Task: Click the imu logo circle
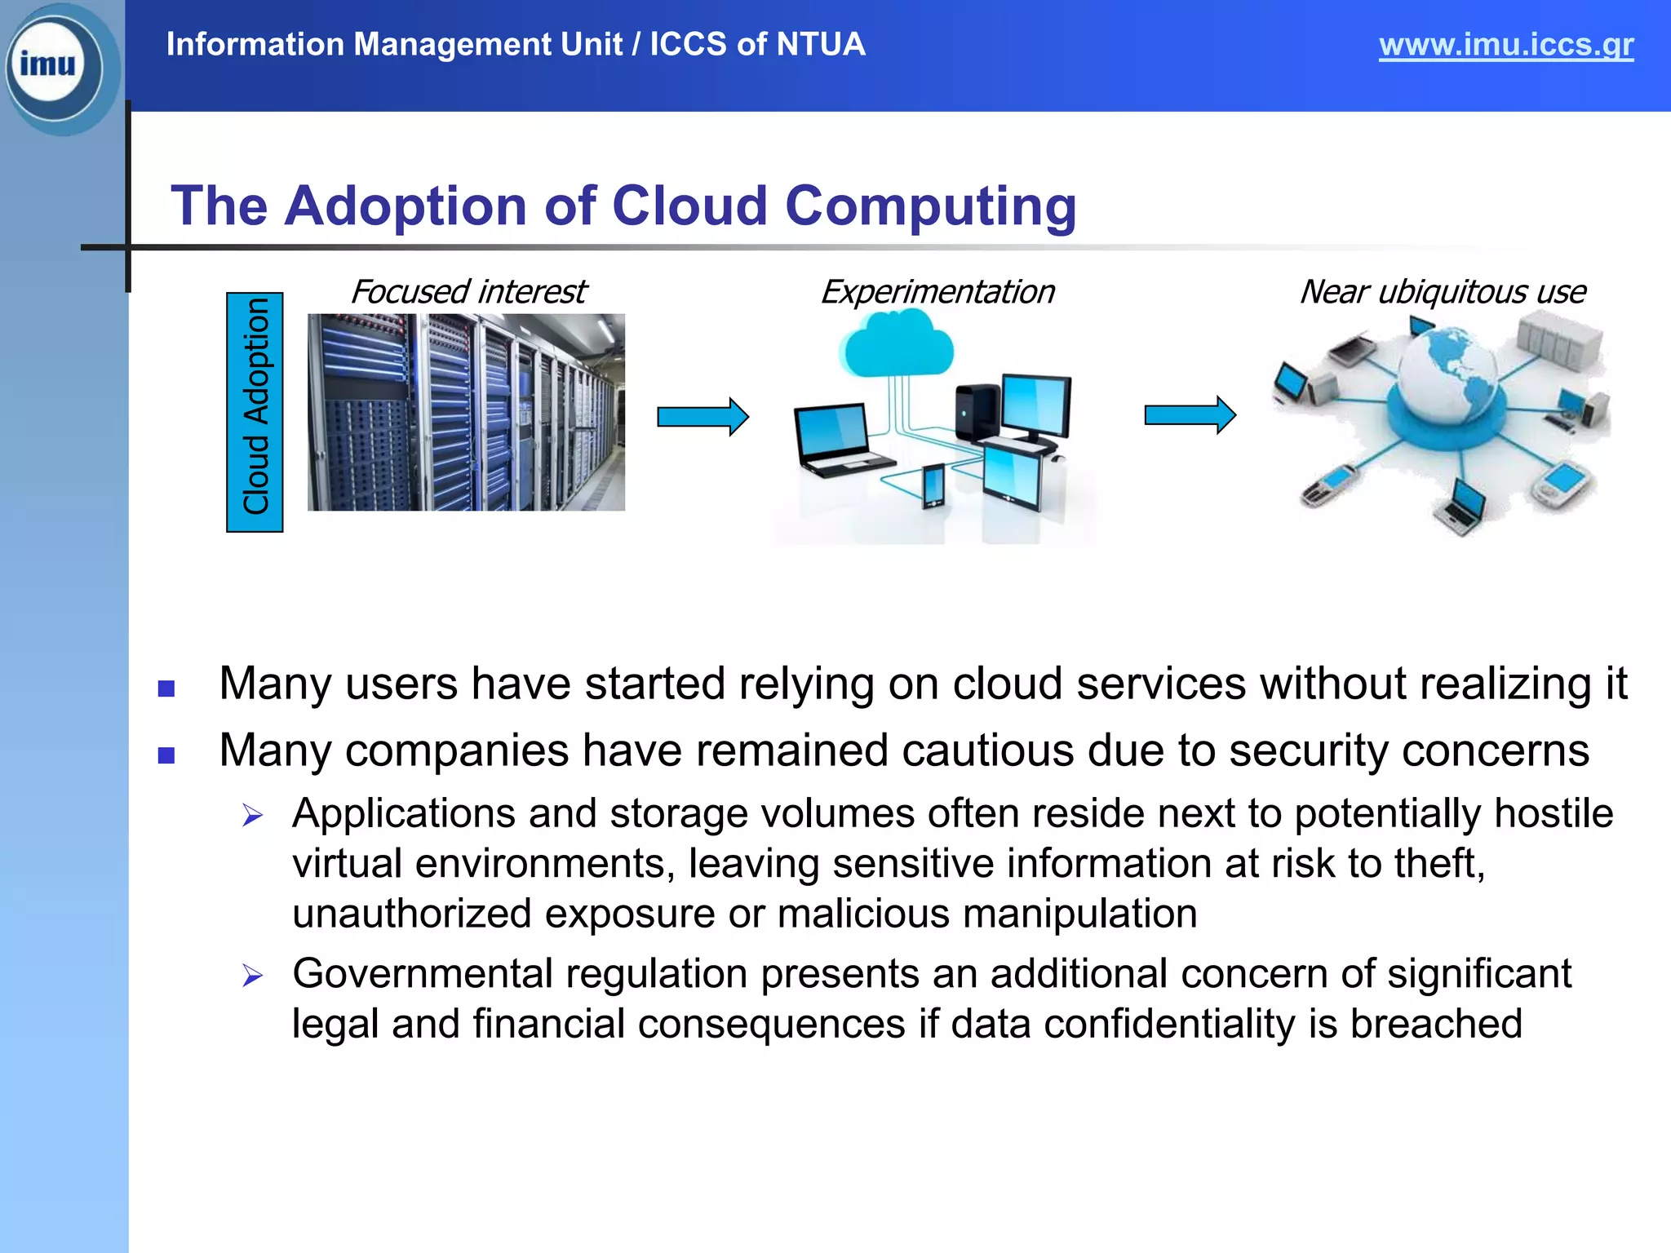coord(53,65)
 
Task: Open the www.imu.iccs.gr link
coord(1505,45)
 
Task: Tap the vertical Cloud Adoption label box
coord(255,412)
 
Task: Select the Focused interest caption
coord(468,292)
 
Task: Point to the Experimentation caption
coord(937,292)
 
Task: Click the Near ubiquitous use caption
coord(1442,292)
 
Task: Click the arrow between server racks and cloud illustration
coord(703,417)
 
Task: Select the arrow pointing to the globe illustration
coord(1190,415)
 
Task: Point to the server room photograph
coord(466,412)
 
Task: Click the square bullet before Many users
coord(166,688)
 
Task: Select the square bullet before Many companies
coord(166,755)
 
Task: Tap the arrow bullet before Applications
coord(253,815)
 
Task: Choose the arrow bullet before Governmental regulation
coord(253,975)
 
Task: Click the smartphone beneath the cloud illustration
coord(933,485)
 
